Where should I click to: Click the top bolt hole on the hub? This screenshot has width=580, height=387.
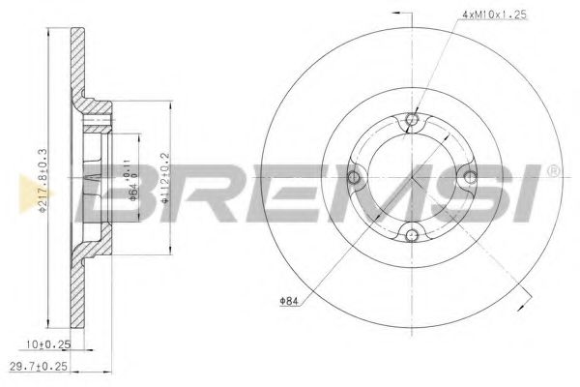click(x=413, y=120)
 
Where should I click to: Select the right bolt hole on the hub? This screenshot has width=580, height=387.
click(x=471, y=176)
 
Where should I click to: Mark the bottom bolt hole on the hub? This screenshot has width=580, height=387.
click(x=413, y=233)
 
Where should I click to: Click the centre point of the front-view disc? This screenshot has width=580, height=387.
click(x=413, y=177)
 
